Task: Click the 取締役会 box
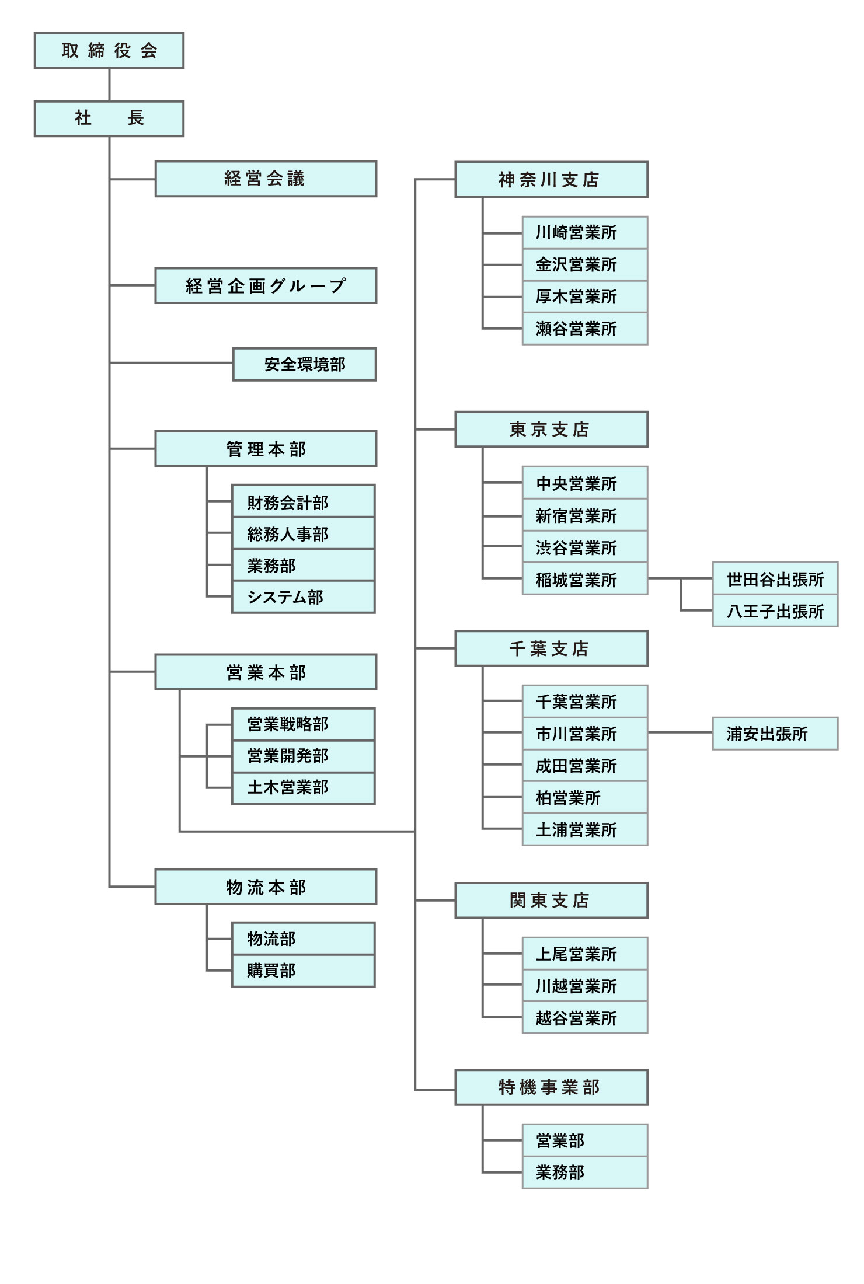[x=109, y=51]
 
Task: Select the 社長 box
[x=109, y=118]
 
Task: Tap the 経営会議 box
[x=266, y=179]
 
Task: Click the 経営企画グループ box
[x=266, y=285]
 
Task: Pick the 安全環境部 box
[x=304, y=364]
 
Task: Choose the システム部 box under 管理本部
[x=303, y=596]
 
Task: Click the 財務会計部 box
[x=303, y=502]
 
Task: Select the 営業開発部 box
[x=303, y=756]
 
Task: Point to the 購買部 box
[x=303, y=971]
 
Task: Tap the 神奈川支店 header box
[x=551, y=179]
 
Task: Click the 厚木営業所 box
[x=584, y=296]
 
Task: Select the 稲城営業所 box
[x=584, y=579]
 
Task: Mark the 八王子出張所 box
[x=775, y=611]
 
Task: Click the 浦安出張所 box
[x=775, y=734]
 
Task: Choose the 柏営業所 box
[x=584, y=797]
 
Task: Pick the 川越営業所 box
[x=584, y=986]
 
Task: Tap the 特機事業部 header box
[x=551, y=1087]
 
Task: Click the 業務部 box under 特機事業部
[x=584, y=1172]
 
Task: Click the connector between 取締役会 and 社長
[x=109, y=85]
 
